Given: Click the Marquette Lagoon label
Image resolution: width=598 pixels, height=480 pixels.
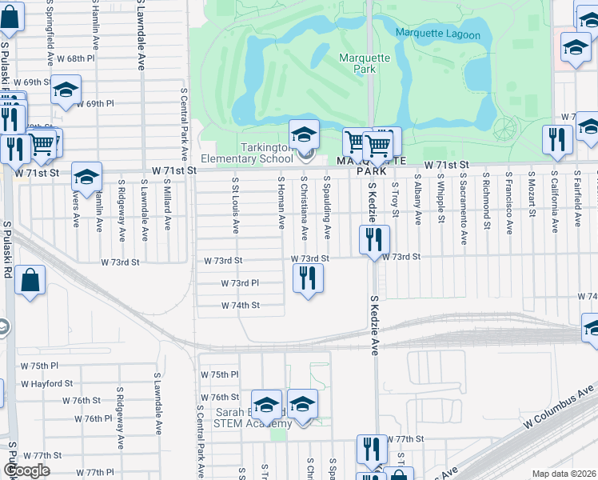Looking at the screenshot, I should [438, 35].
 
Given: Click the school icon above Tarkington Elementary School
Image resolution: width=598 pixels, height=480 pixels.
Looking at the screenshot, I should [304, 134].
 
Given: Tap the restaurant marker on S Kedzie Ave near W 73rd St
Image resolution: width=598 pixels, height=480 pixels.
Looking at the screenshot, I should [373, 239].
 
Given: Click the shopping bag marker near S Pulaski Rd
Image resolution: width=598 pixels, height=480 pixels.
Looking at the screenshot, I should [30, 280].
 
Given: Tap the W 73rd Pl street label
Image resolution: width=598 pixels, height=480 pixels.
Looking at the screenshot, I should [239, 283].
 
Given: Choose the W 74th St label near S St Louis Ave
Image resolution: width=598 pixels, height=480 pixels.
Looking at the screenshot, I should [240, 305].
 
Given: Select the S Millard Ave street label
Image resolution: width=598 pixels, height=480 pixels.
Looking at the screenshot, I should [167, 205].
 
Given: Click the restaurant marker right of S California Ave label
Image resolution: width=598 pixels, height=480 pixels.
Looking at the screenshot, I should [554, 141].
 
